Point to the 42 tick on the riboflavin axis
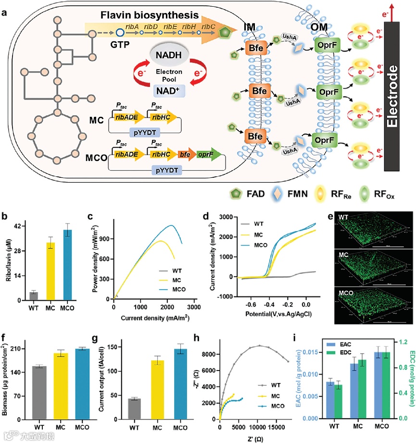pos(19,226)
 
